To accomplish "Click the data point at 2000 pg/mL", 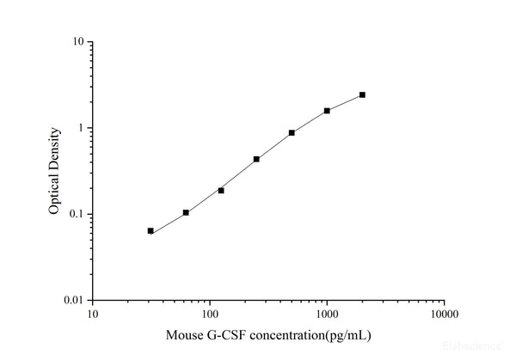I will tap(362, 95).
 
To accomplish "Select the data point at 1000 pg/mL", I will tap(327, 111).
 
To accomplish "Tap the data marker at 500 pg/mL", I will tap(292, 132).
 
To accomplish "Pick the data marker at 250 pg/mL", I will tap(256, 159).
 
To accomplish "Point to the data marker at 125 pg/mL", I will tap(221, 190).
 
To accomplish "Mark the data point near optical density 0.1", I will tap(186, 212).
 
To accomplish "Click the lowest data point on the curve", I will tap(150, 230).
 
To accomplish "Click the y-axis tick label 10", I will tap(78, 42).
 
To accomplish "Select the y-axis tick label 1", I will tap(81, 128).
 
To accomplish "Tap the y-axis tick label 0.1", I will tap(77, 214).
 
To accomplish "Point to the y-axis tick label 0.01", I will tap(74, 300).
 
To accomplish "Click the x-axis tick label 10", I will tap(92, 314).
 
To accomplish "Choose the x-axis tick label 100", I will tap(209, 314).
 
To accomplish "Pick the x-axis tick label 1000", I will tap(326, 314).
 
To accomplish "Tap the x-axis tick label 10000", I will tap(444, 314).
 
